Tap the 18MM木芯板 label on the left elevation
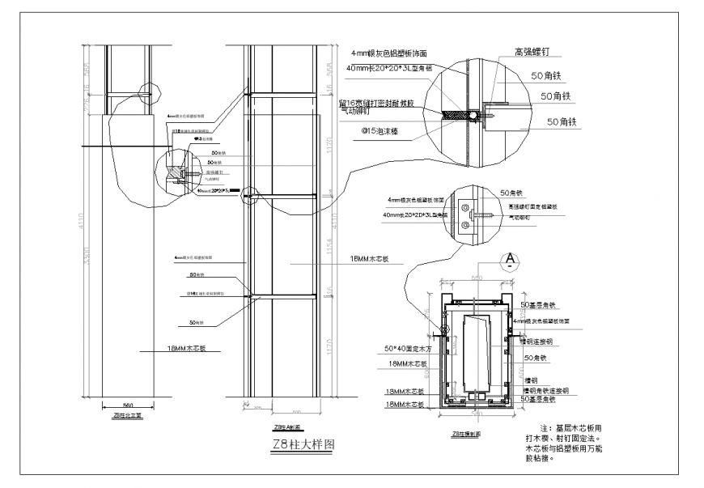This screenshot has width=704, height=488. [x=166, y=350]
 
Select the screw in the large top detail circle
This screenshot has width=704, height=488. [x=489, y=115]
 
